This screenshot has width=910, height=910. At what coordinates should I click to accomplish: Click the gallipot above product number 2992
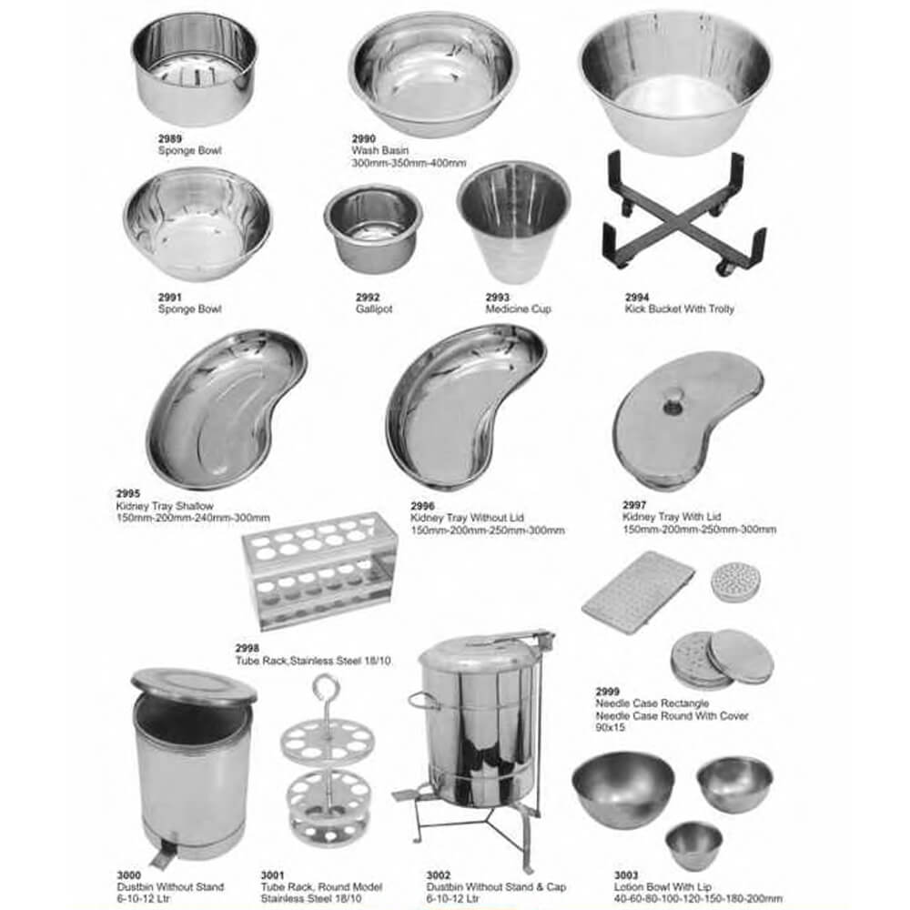pos(373,228)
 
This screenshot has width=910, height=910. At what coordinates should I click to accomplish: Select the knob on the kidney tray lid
pos(673,401)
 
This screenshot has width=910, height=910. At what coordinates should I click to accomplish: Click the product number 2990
pos(364,138)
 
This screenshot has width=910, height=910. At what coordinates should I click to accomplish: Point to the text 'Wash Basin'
pos(380,150)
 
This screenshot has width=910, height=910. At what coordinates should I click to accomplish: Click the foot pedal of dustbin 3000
pos(162,855)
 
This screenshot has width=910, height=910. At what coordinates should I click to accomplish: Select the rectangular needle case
pos(638,591)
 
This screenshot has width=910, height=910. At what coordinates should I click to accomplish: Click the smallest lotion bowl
pos(693,844)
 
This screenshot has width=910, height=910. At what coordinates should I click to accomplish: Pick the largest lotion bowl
pos(623,789)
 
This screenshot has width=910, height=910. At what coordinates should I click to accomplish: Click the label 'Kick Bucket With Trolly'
pos(680,308)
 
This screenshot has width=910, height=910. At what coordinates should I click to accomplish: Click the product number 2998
pos(248,648)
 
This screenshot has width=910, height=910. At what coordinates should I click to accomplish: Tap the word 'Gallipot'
pos(374,308)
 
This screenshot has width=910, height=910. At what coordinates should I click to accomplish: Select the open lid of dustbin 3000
pos(194,686)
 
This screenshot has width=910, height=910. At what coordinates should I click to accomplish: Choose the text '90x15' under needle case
pos(610,727)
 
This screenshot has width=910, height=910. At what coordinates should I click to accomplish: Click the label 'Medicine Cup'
pos(519,308)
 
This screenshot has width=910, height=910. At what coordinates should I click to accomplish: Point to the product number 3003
pos(626,875)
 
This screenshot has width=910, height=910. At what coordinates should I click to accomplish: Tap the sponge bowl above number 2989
pos(195,68)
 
